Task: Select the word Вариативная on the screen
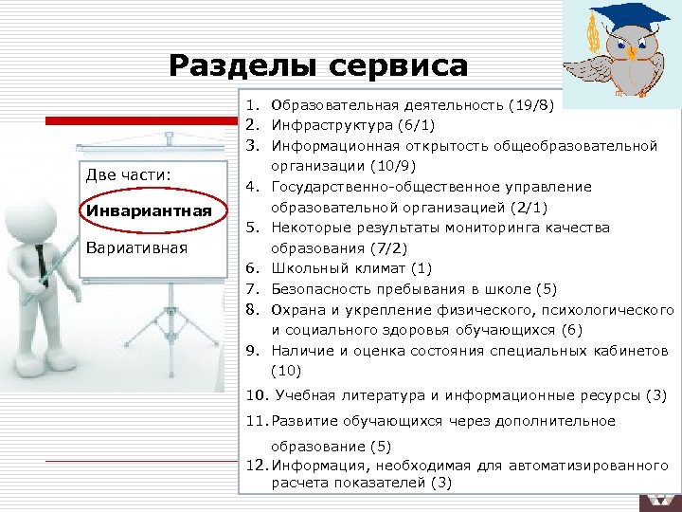pos(136,247)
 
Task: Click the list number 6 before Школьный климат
pos(255,268)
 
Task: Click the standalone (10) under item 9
pos(285,371)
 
